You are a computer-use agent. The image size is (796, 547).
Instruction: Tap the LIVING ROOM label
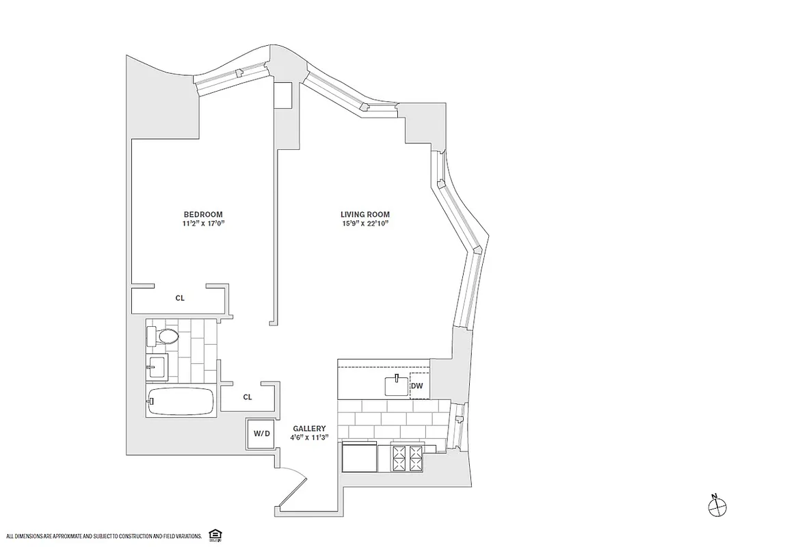366,214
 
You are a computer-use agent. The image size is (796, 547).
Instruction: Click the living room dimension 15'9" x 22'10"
366,223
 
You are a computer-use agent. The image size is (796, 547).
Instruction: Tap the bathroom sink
157,366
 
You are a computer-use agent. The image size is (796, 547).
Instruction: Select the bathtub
181,401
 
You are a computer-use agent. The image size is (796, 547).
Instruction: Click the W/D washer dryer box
262,433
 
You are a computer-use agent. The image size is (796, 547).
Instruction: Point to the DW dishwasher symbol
417,386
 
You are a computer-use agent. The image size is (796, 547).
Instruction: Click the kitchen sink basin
396,386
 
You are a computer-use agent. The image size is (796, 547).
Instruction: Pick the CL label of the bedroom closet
180,298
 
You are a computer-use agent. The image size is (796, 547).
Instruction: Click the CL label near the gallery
248,397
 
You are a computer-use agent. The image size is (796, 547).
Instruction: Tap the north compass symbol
717,506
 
